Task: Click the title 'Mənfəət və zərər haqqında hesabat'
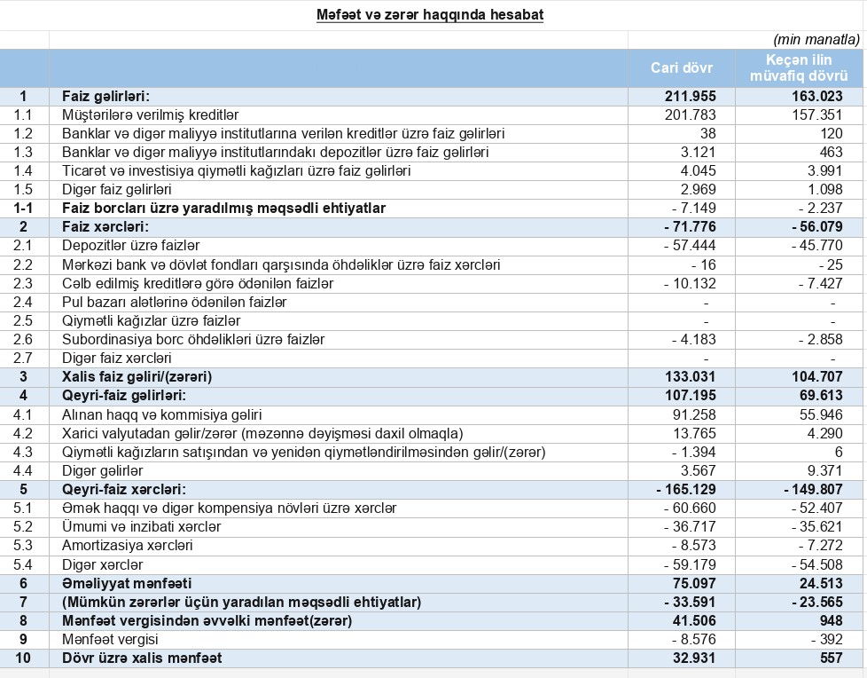point(430,15)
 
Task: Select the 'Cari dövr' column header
point(681,68)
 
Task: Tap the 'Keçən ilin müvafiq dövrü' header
point(800,68)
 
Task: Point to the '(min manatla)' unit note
point(816,40)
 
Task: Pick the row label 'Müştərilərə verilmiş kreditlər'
point(151,114)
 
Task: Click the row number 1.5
point(24,189)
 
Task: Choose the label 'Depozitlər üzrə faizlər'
point(130,246)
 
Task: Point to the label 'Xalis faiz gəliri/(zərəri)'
point(137,376)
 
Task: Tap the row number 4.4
point(24,470)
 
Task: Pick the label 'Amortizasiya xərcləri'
point(127,545)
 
